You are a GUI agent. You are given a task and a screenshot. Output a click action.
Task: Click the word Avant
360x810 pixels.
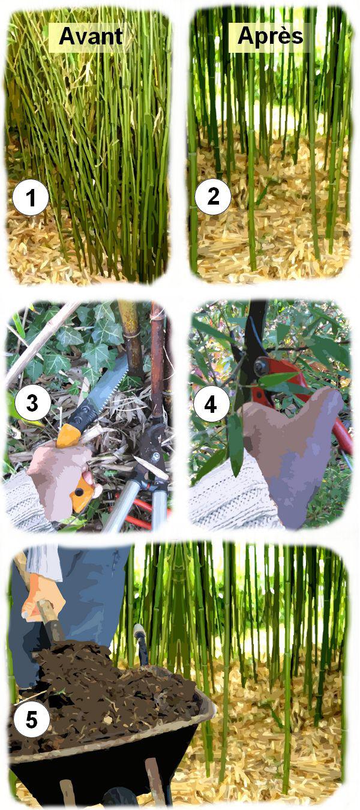(91, 37)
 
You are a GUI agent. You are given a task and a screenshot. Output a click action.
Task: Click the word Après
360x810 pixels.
(271, 36)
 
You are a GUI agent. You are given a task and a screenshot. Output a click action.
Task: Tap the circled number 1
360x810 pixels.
(31, 197)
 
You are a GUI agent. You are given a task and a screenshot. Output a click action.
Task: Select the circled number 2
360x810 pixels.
(212, 196)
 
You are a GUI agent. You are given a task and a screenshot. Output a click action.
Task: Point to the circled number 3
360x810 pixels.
(32, 403)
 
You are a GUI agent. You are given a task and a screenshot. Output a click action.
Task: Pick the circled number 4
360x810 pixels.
(211, 404)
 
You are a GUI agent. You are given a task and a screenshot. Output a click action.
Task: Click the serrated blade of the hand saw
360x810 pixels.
(105, 386)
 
